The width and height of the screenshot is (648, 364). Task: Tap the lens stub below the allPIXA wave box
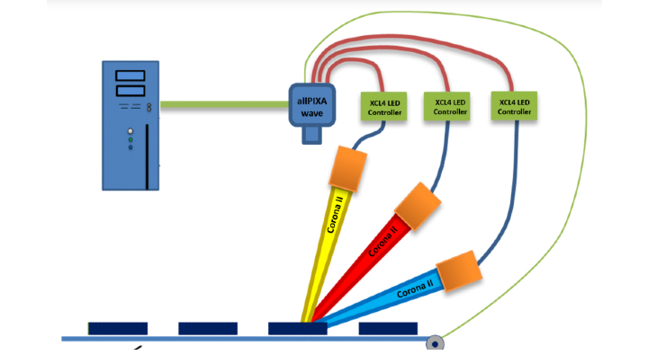pyautogui.click(x=311, y=135)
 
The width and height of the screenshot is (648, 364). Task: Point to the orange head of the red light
pyautogui.click(x=418, y=203)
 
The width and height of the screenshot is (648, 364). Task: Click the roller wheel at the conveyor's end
pyautogui.click(x=436, y=342)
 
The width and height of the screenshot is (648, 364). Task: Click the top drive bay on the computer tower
pyautogui.click(x=131, y=76)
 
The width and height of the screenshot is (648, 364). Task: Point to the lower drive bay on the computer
pyautogui.click(x=131, y=90)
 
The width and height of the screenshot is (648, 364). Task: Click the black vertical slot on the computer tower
pyautogui.click(x=147, y=167)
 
